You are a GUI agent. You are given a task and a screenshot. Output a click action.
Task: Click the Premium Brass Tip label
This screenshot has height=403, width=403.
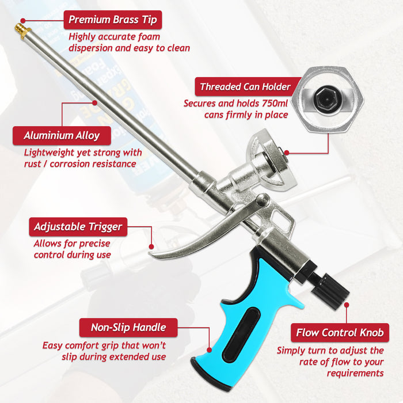click(112, 20)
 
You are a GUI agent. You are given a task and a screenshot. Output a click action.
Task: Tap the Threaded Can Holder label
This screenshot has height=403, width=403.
click(245, 88)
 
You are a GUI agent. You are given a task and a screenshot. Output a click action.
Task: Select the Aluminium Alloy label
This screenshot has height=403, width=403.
click(62, 136)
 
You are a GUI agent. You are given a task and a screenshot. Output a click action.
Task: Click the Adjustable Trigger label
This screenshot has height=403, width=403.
click(78, 226)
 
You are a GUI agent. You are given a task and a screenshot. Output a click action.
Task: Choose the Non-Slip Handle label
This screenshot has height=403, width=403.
click(128, 328)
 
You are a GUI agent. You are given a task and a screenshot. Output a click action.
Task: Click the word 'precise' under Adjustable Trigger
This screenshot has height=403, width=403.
click(95, 244)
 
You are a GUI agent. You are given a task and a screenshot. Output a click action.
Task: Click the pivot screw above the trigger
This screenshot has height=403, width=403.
click(262, 200)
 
